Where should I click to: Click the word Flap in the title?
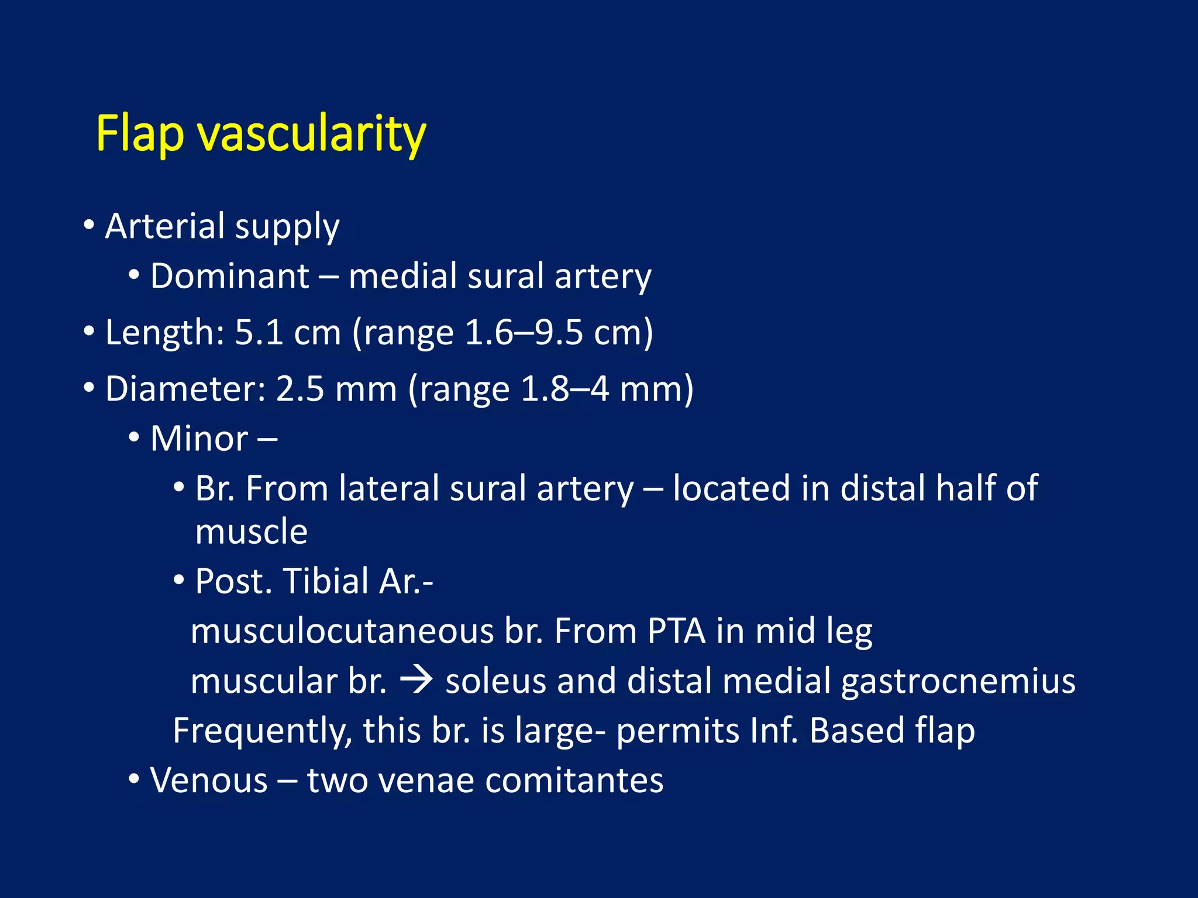140,134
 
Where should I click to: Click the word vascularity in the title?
311,134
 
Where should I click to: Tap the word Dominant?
229,276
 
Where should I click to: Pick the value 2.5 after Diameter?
299,389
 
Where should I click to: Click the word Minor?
199,438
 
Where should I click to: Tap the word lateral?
389,488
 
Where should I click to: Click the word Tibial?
326,581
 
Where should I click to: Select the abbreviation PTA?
676,631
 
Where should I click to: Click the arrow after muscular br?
416,681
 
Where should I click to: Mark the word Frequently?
263,731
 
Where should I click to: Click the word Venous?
209,780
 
